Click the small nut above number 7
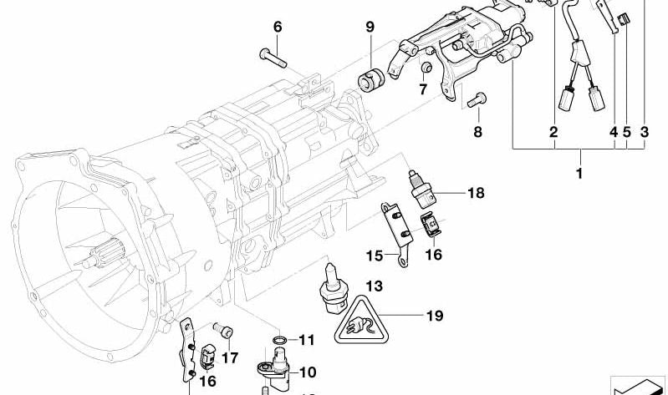[x=426, y=67]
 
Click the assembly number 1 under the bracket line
[x=579, y=175]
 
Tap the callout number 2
[x=553, y=132]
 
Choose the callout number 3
[x=644, y=132]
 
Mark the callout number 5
[x=626, y=132]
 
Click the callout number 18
[x=477, y=194]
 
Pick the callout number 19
[x=434, y=316]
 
